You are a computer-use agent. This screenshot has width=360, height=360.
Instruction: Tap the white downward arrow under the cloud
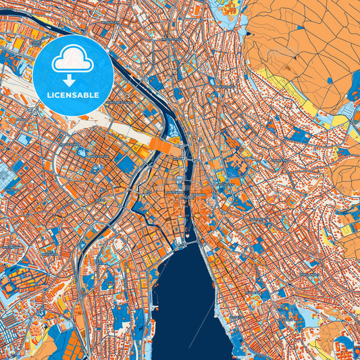(73, 80)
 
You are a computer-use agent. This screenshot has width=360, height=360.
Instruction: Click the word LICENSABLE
(73, 96)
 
